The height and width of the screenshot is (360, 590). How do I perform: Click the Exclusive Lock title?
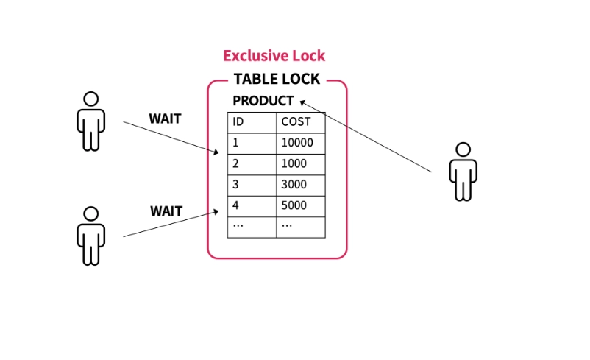coord(274,56)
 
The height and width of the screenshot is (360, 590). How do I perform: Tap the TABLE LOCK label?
coord(277,80)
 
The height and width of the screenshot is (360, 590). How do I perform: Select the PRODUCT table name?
coord(263,101)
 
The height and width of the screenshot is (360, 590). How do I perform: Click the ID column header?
coord(238,122)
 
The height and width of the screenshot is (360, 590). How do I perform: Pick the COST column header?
coord(296,122)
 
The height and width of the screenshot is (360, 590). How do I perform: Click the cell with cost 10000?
coord(297,143)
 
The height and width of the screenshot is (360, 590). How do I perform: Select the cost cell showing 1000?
coord(294,163)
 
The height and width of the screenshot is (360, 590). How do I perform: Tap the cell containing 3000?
coord(294,185)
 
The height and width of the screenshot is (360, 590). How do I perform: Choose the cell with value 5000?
coord(294,205)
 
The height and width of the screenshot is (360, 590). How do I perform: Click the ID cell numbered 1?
coord(236,143)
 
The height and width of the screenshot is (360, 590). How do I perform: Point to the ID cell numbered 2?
coord(236,163)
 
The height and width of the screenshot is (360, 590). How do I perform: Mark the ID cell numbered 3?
coord(236,185)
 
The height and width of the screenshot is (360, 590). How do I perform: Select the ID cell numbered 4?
coord(236,205)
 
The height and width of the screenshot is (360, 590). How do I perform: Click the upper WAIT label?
coord(165,119)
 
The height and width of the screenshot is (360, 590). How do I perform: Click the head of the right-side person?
coord(463,149)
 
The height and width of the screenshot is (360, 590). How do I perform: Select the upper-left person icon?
coord(90,121)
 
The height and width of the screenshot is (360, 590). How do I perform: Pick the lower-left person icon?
coord(90,236)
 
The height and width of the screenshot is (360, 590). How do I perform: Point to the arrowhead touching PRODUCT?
coord(302,102)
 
